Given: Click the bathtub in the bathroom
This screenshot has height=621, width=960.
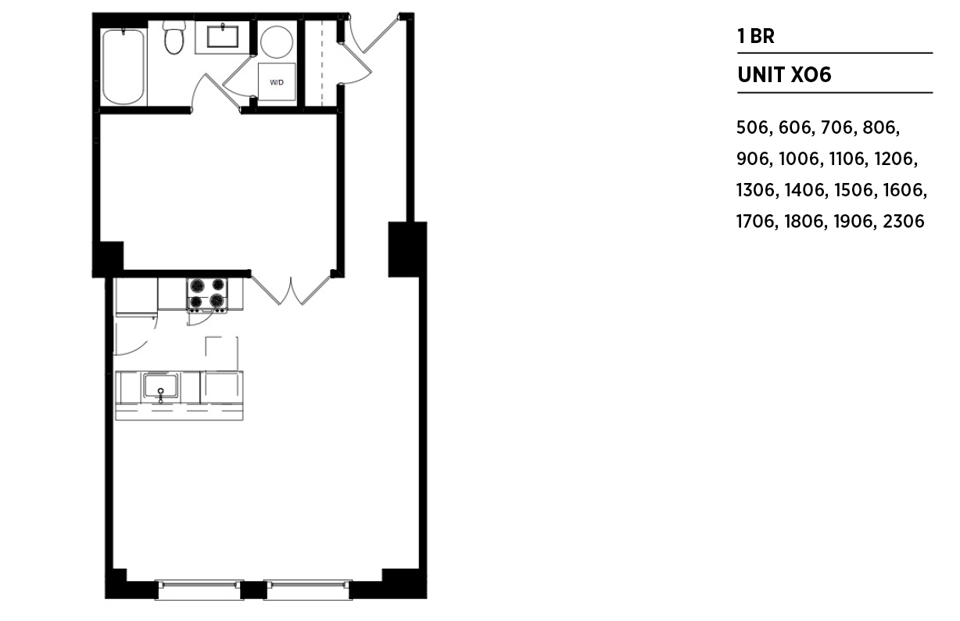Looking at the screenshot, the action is (123, 66).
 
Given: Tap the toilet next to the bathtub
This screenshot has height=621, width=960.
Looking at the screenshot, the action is (174, 37).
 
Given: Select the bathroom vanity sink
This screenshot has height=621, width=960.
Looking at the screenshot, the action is (223, 36).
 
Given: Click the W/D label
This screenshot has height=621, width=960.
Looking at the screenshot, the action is (277, 82).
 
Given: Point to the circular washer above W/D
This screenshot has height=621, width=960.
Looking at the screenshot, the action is (277, 41).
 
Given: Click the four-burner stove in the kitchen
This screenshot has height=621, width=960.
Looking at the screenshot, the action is (207, 294).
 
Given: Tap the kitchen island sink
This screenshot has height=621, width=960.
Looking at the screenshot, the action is (161, 386).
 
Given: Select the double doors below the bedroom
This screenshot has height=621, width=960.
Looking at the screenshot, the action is (291, 290).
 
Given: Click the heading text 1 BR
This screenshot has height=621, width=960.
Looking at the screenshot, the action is (756, 36).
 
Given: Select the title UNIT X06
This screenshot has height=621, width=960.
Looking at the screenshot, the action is (784, 75).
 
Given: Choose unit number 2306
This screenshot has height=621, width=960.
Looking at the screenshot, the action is (904, 221).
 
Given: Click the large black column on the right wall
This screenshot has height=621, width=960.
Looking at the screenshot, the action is (407, 249).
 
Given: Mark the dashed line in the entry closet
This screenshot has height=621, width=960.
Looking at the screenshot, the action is (322, 63).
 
